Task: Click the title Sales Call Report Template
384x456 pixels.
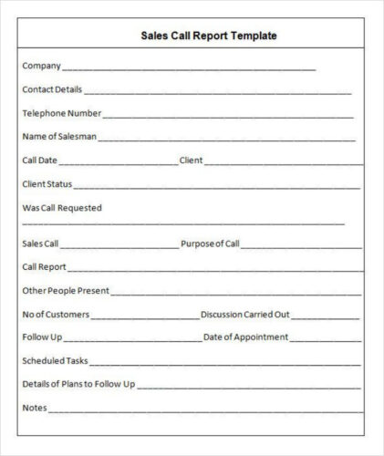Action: pos(209,36)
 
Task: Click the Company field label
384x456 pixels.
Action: pos(41,66)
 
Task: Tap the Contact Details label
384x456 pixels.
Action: pos(52,89)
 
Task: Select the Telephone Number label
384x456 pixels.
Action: pos(61,113)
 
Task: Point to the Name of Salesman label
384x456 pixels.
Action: pos(58,137)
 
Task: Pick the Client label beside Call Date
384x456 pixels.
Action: pos(191,161)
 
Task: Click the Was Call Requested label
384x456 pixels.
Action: pos(62,208)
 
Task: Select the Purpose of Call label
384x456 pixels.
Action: pos(210,244)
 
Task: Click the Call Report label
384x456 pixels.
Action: pos(44,267)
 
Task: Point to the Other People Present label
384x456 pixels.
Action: pos(65,291)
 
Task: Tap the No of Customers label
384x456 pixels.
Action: pos(56,315)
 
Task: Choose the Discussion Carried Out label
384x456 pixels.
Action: pos(244,315)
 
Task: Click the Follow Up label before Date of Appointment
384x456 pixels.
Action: pos(42,337)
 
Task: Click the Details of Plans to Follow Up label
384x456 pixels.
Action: pos(78,384)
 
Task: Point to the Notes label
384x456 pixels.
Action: pos(34,408)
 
